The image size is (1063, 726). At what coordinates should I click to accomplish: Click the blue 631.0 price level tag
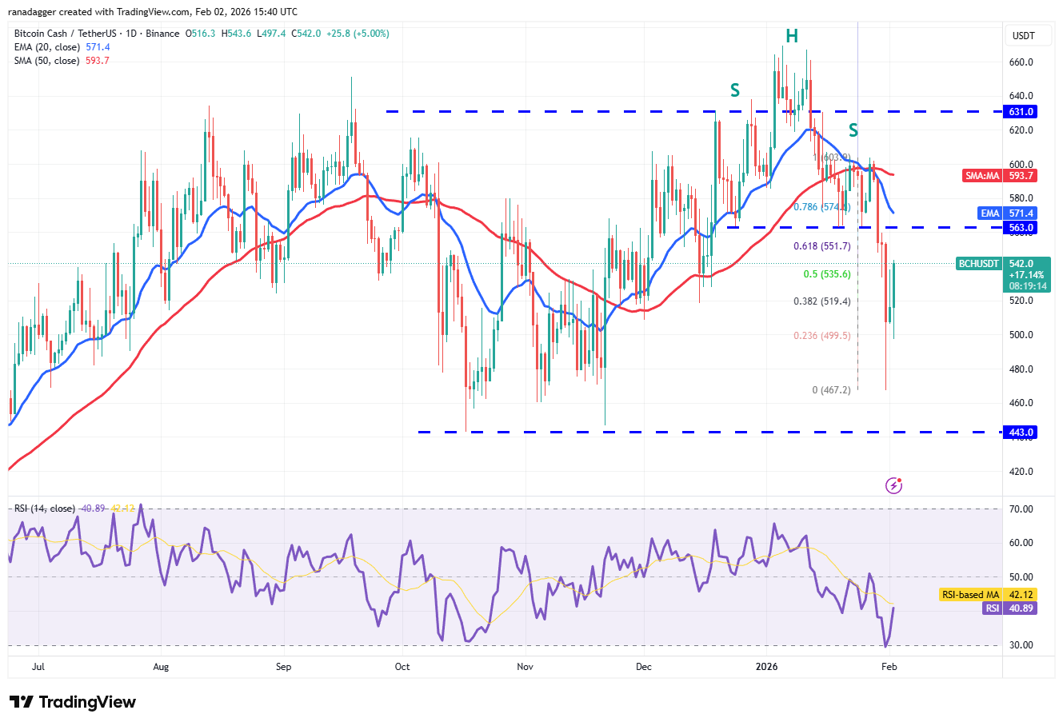pos(1021,112)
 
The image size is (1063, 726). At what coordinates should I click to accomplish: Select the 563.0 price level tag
pos(1021,228)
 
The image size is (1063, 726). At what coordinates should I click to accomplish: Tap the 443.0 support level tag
pos(1021,433)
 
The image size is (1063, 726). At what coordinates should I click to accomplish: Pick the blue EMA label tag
pos(990,213)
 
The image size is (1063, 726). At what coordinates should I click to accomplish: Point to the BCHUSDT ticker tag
pos(978,264)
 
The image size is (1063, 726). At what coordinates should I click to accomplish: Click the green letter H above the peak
pos(792,36)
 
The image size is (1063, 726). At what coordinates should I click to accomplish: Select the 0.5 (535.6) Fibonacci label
pos(827,274)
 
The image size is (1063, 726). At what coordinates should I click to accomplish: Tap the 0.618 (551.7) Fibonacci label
pos(821,246)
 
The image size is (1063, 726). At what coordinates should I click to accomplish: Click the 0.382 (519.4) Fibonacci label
pos(821,301)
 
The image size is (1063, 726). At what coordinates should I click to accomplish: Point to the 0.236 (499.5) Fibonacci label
pos(821,336)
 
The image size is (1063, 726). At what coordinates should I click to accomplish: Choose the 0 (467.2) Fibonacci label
pos(831,390)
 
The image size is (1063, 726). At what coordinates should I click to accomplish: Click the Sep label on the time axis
pos(283,667)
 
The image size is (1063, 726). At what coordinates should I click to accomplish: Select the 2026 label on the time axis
pos(766,667)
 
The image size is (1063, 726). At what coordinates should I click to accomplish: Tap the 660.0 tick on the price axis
pos(1021,62)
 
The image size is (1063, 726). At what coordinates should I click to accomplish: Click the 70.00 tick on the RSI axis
pos(1021,509)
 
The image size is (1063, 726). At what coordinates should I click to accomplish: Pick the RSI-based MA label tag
pos(969,595)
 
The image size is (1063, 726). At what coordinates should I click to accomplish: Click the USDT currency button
pos(1024,36)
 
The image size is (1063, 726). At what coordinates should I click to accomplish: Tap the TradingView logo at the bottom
pos(73,702)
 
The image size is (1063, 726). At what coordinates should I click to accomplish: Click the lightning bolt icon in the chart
pos(893,485)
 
